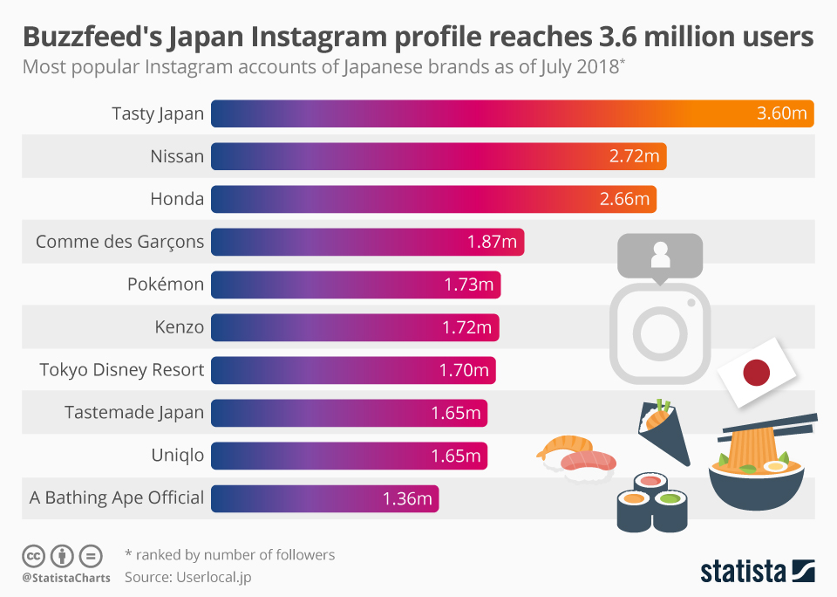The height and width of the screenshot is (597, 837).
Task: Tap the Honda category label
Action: (177, 199)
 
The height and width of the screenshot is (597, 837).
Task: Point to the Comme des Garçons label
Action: (119, 242)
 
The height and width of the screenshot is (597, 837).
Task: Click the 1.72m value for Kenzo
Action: (466, 327)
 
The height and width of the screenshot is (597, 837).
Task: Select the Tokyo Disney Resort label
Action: (122, 370)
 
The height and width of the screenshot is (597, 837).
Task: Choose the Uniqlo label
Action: (177, 456)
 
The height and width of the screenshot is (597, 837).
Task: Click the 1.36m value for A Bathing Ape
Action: (407, 498)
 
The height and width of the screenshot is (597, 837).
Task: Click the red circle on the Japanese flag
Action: (756, 374)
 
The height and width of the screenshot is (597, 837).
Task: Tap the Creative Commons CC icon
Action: (33, 555)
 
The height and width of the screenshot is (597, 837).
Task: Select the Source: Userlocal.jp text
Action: (188, 577)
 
